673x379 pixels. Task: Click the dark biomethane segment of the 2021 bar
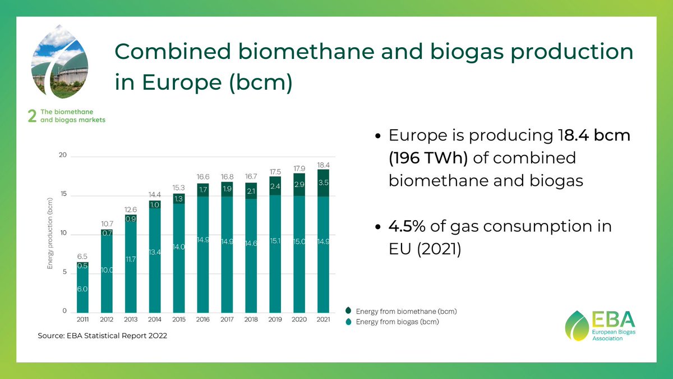(323, 183)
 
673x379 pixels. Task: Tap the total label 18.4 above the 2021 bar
(323, 166)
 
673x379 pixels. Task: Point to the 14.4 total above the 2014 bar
(154, 194)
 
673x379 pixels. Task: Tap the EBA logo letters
(613, 320)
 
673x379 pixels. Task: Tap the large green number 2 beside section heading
(32, 116)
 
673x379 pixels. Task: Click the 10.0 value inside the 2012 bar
(107, 270)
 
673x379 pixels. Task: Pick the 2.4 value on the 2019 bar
(275, 186)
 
